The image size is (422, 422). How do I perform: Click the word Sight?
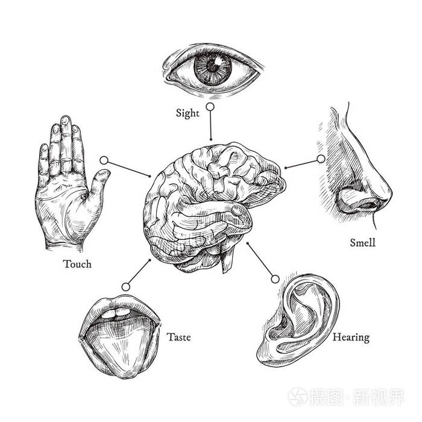click(x=187, y=113)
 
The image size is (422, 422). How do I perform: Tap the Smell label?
click(x=363, y=243)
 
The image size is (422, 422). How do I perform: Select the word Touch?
click(x=77, y=264)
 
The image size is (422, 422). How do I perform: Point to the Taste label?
click(x=178, y=337)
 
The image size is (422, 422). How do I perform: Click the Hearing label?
click(x=351, y=337)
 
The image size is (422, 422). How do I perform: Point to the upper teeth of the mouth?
click(x=121, y=311)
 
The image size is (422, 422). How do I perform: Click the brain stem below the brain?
click(x=228, y=259)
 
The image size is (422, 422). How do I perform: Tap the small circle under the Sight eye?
click(x=210, y=107)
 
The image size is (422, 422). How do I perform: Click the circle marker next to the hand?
click(x=104, y=160)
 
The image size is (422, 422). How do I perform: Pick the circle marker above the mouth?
click(x=126, y=286)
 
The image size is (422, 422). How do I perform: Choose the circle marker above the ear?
click(x=275, y=279)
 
